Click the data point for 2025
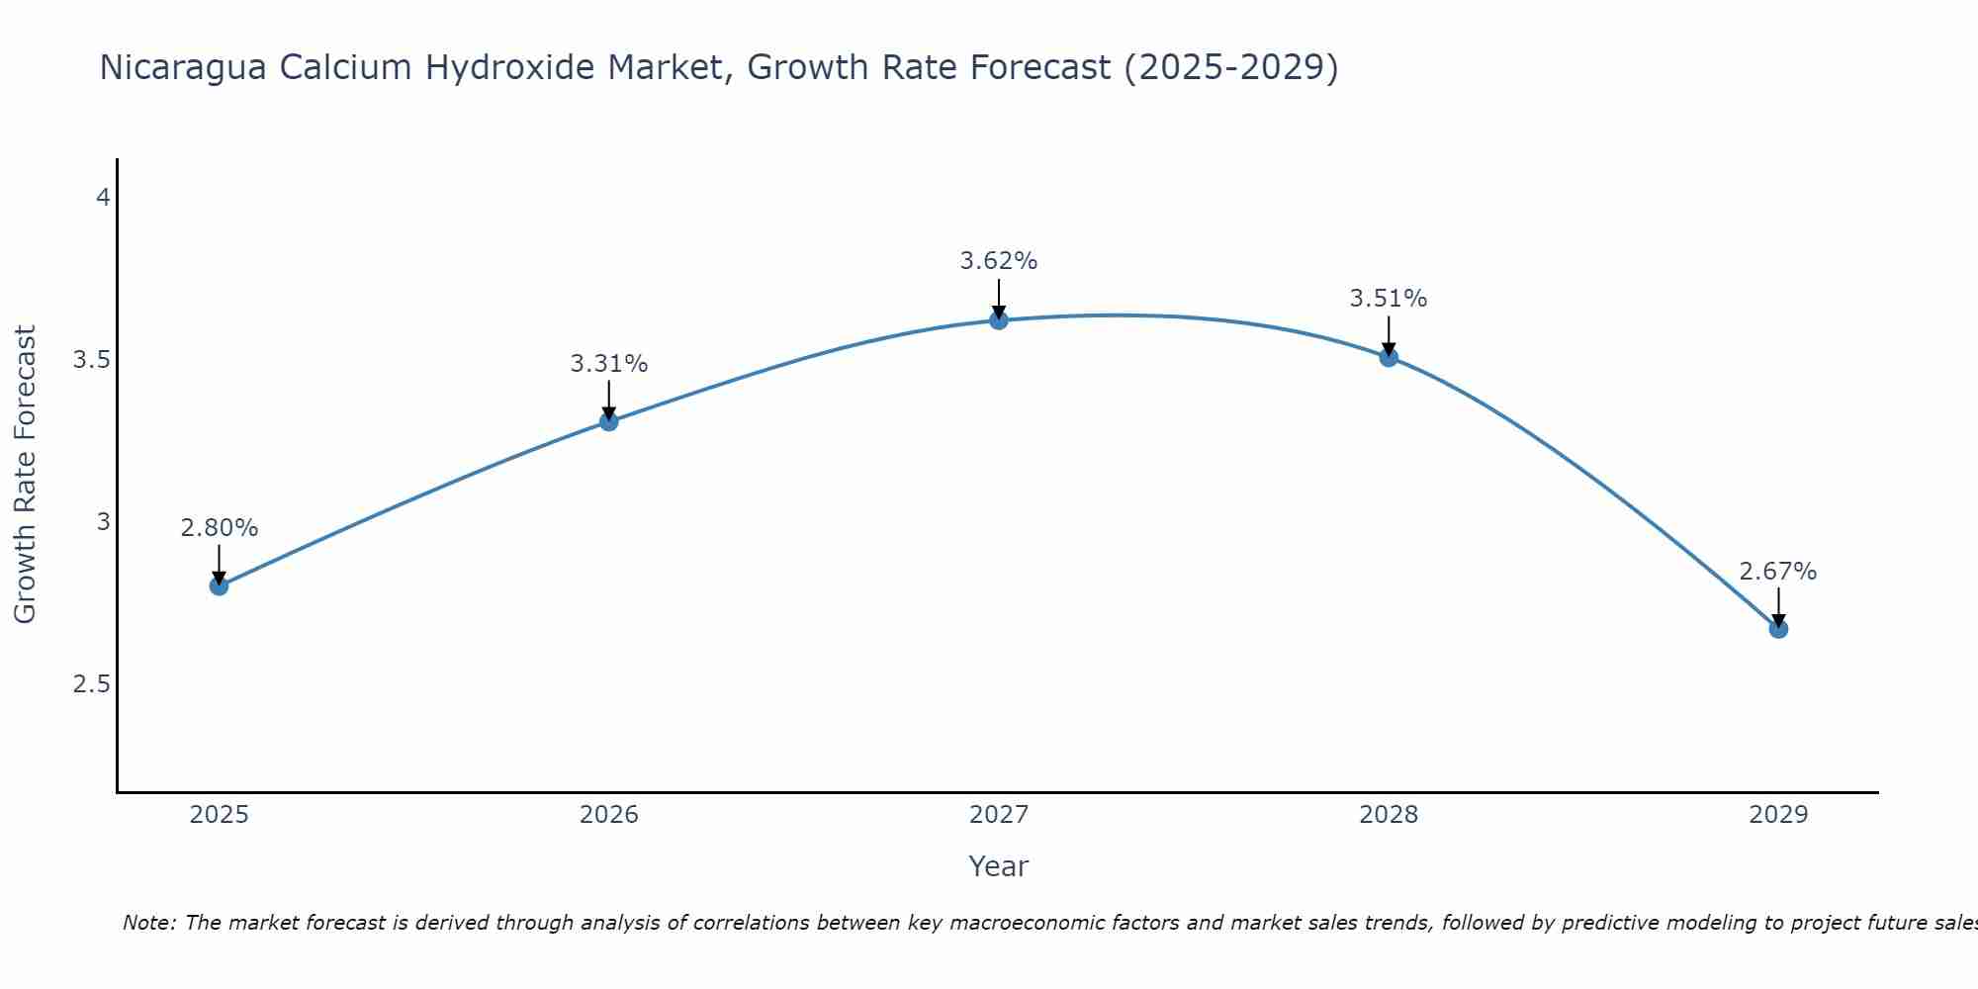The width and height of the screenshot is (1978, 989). [x=220, y=585]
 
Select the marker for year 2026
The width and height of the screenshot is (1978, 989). [x=609, y=421]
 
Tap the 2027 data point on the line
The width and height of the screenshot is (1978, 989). [x=999, y=319]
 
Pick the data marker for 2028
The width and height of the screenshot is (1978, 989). [x=1389, y=357]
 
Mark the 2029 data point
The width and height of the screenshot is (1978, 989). [x=1778, y=629]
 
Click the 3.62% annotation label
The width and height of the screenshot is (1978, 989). [x=999, y=261]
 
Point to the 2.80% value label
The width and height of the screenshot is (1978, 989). [x=220, y=528]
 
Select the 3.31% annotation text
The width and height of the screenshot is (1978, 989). [x=609, y=364]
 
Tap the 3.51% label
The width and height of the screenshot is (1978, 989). [x=1389, y=299]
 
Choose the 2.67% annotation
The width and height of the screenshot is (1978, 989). [x=1778, y=572]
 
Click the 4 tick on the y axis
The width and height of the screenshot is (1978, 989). [x=102, y=198]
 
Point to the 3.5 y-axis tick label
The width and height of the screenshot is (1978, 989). [x=91, y=360]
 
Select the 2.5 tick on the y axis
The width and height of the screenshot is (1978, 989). [x=91, y=684]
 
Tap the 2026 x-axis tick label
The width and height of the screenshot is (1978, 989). [x=609, y=815]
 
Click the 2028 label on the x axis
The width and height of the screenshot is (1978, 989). [x=1389, y=815]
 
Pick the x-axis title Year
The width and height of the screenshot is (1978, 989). [x=999, y=866]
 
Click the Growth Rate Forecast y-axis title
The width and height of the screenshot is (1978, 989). [x=26, y=475]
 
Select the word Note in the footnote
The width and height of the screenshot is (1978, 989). [x=147, y=923]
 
